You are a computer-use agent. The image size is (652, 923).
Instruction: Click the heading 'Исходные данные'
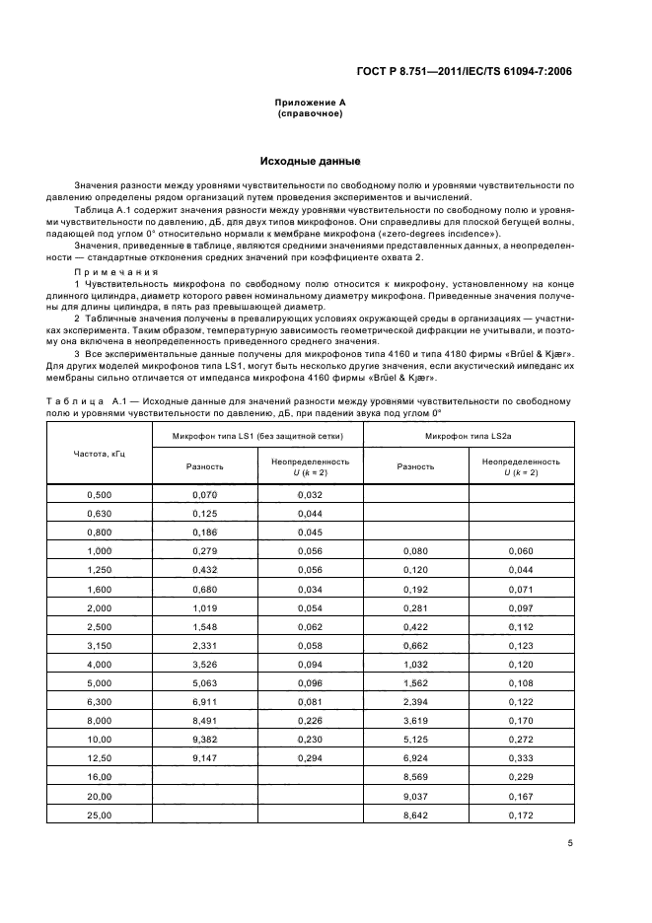click(x=310, y=160)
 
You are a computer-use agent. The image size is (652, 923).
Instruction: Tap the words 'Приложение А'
click(x=310, y=103)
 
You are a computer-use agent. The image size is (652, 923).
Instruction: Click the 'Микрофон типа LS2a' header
click(x=469, y=435)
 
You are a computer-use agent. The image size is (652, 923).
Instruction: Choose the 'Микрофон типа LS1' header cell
click(x=257, y=435)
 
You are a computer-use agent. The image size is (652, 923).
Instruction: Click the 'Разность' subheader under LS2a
click(x=415, y=466)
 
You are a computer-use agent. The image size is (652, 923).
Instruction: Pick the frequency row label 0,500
click(x=100, y=494)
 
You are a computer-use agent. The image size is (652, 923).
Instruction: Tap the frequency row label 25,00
click(x=100, y=816)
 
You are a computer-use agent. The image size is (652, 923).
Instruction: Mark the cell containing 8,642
click(x=415, y=816)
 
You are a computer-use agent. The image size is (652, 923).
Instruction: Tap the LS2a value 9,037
click(x=415, y=796)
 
